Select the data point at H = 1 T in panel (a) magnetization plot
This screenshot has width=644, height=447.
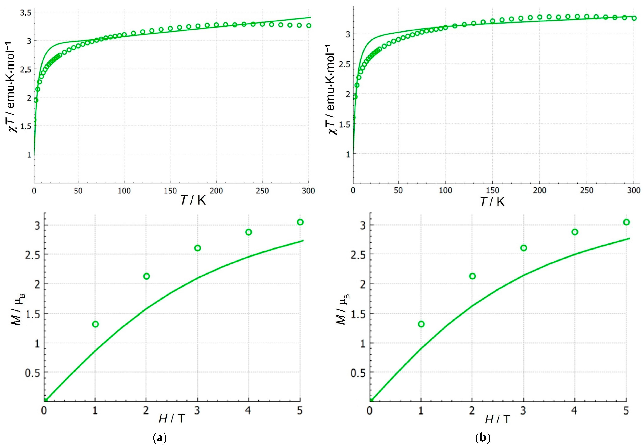(95, 324)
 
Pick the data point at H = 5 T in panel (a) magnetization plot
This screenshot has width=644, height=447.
(300, 222)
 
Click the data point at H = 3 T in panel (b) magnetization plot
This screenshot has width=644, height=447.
(523, 248)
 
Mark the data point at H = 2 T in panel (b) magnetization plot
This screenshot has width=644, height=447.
(472, 276)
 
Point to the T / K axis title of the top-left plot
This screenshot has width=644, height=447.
(193, 200)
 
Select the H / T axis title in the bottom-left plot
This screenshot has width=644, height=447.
(172, 418)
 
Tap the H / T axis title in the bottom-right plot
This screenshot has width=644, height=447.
(498, 419)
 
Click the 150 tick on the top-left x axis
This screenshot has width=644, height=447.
(170, 191)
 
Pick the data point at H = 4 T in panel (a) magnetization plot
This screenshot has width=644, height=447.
(248, 232)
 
